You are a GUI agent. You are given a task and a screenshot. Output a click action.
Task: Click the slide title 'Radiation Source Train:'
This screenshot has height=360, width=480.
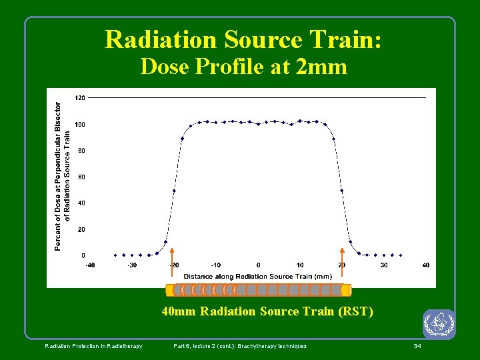tap(243, 40)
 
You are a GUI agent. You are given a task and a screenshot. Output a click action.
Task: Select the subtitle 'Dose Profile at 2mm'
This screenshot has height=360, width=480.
tap(243, 67)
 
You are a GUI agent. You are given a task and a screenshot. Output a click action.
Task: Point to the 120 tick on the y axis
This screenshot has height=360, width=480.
tap(79, 98)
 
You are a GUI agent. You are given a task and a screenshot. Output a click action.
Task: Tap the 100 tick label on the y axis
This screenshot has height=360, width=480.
tap(79, 125)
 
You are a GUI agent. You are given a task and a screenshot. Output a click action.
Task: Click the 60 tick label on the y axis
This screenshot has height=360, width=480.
tap(81, 177)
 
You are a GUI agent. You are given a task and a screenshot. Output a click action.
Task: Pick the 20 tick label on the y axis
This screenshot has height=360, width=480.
tap(81, 229)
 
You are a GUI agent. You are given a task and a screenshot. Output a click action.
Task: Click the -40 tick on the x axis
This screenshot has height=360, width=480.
tap(90, 265)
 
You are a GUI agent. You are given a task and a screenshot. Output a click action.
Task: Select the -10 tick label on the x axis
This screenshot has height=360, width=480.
tap(216, 265)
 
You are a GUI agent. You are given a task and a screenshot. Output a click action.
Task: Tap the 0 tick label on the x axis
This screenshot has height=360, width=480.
tap(258, 265)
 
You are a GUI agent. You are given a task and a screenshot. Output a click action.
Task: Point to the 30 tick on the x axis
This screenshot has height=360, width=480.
tap(384, 265)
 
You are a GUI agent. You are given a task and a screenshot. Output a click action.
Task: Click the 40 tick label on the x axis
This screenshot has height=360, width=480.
tap(425, 265)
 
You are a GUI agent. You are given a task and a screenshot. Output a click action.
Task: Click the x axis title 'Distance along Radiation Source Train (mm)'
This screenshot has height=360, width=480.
tap(257, 276)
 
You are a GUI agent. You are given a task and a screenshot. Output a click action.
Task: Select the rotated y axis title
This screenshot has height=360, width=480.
tap(62, 177)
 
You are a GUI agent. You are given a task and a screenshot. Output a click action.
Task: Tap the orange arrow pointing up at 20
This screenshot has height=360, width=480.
tap(342, 267)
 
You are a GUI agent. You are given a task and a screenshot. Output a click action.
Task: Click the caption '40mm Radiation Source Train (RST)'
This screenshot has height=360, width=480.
tap(267, 311)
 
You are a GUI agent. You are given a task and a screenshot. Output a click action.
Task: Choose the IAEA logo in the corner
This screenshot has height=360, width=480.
tap(438, 325)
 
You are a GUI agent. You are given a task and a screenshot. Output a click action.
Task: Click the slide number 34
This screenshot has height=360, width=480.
tap(417, 346)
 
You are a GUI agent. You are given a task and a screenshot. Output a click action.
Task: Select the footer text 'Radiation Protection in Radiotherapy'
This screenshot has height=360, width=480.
tap(93, 346)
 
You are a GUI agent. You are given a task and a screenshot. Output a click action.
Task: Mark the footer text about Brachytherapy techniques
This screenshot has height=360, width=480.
tap(240, 346)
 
